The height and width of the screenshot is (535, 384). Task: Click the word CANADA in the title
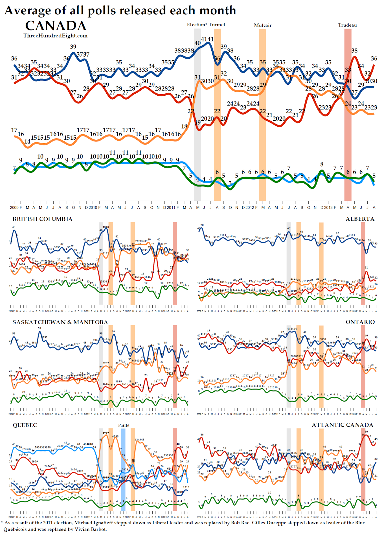click(x=56, y=26)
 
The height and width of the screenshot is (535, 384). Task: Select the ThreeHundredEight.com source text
click(x=55, y=36)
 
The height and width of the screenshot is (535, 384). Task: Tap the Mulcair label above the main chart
click(x=263, y=25)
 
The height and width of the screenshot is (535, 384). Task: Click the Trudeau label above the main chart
click(x=347, y=25)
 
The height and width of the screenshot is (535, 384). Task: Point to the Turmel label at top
click(x=217, y=25)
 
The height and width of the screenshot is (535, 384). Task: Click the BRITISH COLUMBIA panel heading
click(x=42, y=219)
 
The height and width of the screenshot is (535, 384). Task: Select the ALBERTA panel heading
click(x=360, y=219)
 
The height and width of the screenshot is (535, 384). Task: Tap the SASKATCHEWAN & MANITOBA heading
click(x=60, y=322)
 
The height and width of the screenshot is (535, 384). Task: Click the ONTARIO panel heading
click(x=360, y=322)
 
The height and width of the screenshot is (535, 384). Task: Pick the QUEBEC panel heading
click(x=25, y=425)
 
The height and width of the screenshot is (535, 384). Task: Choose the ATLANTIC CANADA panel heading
click(x=343, y=425)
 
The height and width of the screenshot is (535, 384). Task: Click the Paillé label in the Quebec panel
click(x=123, y=425)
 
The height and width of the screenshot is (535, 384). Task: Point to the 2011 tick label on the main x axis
click(x=171, y=208)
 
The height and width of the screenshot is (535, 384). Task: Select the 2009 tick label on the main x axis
click(x=14, y=208)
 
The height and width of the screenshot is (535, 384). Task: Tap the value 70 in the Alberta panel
click(x=202, y=225)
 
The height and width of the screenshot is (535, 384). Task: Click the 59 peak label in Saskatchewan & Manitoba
click(x=40, y=328)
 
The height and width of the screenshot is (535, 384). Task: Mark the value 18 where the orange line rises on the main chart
click(x=184, y=126)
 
